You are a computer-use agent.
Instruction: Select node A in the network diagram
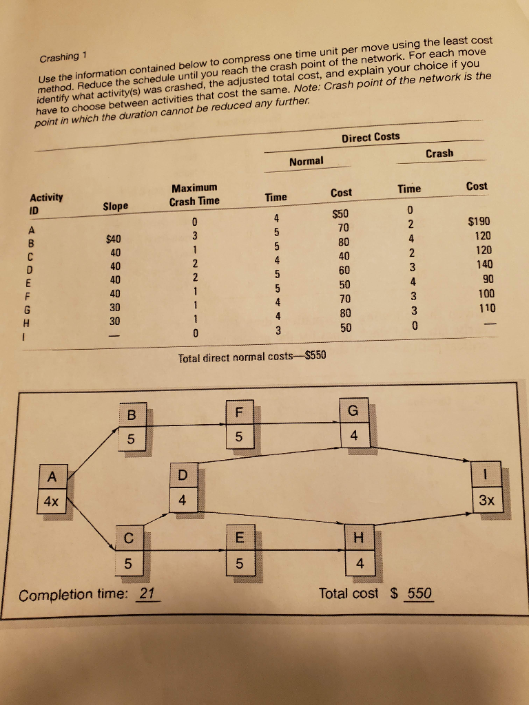click(x=52, y=489)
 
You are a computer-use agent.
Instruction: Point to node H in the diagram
click(x=354, y=550)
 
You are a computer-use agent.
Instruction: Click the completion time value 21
click(x=147, y=594)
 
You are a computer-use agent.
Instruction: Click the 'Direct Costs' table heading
click(x=370, y=137)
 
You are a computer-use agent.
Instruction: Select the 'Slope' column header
click(x=115, y=205)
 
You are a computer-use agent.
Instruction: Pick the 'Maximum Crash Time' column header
click(x=194, y=194)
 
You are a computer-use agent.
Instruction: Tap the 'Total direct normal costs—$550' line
click(x=252, y=357)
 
